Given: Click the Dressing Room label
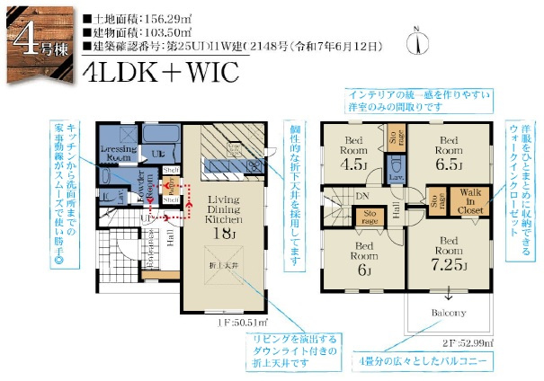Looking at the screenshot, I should pos(118,152).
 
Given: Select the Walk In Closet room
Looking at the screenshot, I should pos(471,202).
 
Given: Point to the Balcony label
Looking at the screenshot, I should pos(448,312).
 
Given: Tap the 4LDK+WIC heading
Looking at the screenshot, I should pos(160,73).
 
